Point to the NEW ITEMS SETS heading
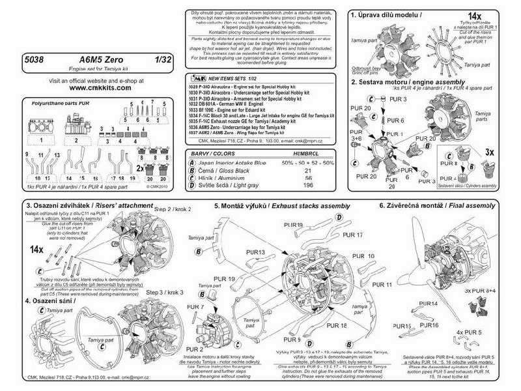(x=225, y=77)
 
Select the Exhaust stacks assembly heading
(x=297, y=206)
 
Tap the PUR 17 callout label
(x=352, y=235)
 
